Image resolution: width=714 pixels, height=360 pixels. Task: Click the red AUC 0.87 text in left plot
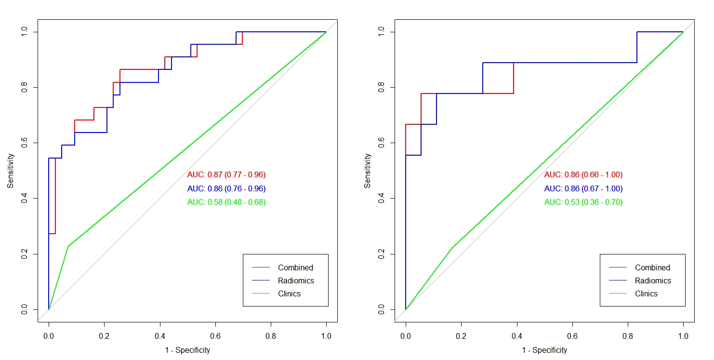pyautogui.click(x=226, y=174)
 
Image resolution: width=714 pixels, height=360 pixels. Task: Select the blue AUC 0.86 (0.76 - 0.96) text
pyautogui.click(x=226, y=188)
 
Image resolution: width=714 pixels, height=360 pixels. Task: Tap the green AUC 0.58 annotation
pyautogui.click(x=226, y=202)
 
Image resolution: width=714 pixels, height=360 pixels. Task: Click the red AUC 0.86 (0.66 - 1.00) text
pyautogui.click(x=583, y=174)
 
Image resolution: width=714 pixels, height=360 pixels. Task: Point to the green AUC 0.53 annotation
pyautogui.click(x=583, y=202)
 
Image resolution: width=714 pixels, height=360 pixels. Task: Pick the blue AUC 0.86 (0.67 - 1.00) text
pyautogui.click(x=583, y=188)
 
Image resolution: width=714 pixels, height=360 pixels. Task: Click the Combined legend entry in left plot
pyautogui.click(x=295, y=267)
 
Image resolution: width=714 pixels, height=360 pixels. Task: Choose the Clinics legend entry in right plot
pyautogui.click(x=646, y=293)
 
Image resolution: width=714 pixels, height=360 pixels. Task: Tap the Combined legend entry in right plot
pyautogui.click(x=652, y=267)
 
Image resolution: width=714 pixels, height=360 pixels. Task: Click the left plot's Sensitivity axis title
pyautogui.click(x=10, y=171)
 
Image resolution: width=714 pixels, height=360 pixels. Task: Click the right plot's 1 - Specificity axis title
pyautogui.click(x=544, y=350)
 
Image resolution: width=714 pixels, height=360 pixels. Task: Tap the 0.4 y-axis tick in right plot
pyautogui.click(x=382, y=199)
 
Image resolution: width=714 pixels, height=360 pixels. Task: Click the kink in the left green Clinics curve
pyautogui.click(x=68, y=246)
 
